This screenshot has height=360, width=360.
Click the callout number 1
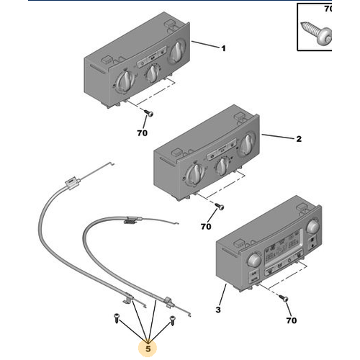point(223,49)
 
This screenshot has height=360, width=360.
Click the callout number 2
point(299,139)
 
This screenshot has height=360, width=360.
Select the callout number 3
point(218,310)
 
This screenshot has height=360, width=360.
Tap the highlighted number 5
point(148,348)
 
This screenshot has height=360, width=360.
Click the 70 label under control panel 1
point(142,133)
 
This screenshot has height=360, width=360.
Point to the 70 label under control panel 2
point(206,227)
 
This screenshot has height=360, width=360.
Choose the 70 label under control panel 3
point(292,320)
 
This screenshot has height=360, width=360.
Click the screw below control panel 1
point(148,113)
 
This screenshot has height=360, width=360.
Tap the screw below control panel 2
point(220,207)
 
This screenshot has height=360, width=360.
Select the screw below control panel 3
point(284,298)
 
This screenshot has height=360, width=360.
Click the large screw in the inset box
point(316,34)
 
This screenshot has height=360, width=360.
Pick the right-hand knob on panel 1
point(177,53)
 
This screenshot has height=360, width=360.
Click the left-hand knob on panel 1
point(125,81)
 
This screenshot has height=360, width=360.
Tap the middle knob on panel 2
point(222,166)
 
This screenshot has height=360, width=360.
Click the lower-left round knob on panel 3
point(254,260)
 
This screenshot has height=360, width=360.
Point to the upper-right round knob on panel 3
point(312,226)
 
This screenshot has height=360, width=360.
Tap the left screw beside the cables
point(117,318)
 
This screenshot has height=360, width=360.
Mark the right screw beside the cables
point(173,320)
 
